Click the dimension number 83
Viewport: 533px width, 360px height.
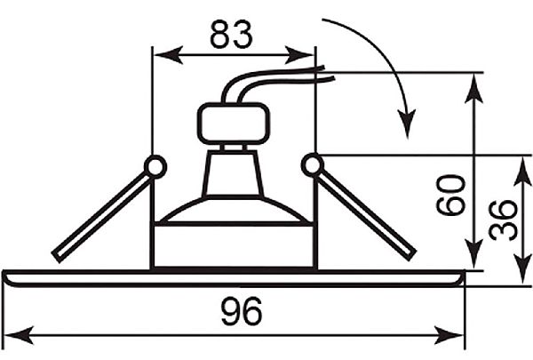pos(231,34)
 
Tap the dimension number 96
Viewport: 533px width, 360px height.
pos(242,311)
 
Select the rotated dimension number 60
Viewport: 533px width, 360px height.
pos(450,196)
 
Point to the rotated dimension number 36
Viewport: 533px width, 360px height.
pos(503,220)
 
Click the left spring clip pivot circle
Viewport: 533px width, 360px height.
pos(155,167)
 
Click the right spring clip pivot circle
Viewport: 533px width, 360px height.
pos(313,165)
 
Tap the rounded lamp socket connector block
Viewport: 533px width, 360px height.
pos(233,124)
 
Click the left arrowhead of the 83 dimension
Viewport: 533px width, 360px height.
pos(168,54)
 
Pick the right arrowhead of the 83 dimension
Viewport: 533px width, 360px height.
pos(299,54)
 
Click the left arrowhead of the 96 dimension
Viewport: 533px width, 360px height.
pos(19,335)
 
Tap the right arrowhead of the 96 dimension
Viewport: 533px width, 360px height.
pos(449,335)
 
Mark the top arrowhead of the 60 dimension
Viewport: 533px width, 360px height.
pos(473,88)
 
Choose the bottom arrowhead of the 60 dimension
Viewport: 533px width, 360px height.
pos(473,255)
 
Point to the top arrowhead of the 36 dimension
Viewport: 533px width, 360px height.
pos(522,171)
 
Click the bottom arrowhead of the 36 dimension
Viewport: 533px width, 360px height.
pos(522,269)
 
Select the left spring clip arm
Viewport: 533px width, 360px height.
pos(101,217)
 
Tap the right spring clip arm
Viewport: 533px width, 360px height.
pos(366,215)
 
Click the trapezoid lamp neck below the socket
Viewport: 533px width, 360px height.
pos(233,174)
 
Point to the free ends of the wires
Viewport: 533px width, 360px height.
pos(328,74)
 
